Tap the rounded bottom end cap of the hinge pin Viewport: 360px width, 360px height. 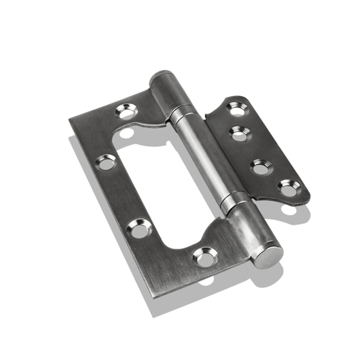pos(267,255)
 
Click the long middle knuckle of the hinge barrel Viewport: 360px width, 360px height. pos(207,157)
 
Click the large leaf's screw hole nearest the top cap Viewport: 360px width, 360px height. pos(125,111)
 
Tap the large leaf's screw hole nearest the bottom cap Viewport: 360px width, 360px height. pos(204,256)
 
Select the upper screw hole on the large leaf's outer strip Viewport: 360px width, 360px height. pos(105,163)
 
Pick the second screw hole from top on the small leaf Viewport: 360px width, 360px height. pos(240,133)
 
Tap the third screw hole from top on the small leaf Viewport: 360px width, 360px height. pos(260,166)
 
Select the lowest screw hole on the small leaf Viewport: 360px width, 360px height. pos(289,188)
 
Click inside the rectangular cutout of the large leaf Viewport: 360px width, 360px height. pos(163,180)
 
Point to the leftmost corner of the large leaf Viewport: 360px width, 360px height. pos(70,120)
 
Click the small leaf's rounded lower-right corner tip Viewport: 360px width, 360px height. pos(306,198)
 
